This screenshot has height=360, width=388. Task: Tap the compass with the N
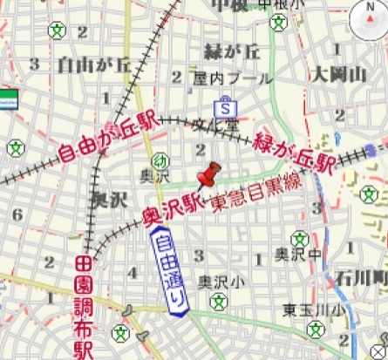point(368,20)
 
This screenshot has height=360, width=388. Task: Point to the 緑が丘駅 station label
point(294,150)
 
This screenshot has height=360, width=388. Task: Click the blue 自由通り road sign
point(171,269)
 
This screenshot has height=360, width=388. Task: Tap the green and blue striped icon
point(9,95)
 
